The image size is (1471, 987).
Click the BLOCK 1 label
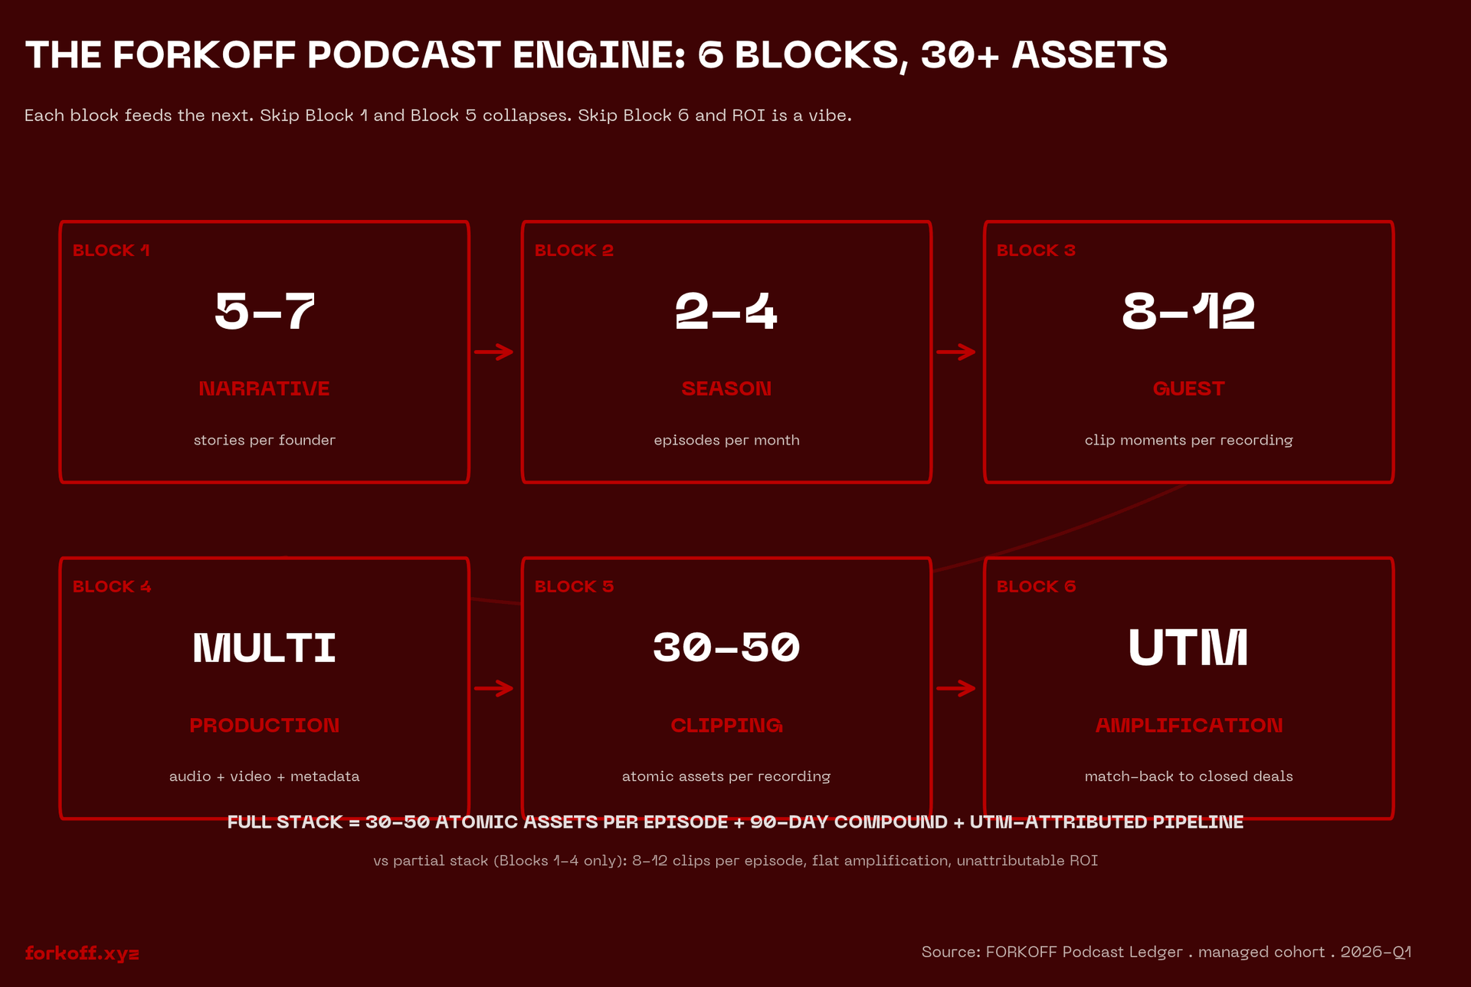click(111, 251)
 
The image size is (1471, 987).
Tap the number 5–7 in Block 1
click(264, 312)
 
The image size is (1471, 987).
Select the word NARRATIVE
click(264, 389)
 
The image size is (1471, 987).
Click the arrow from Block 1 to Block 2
click(494, 352)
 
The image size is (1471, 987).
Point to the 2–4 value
click(726, 312)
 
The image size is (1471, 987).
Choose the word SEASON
click(726, 389)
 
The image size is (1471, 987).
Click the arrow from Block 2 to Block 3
click(956, 352)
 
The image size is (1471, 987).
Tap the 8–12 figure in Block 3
click(1188, 312)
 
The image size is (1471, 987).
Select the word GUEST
click(1188, 389)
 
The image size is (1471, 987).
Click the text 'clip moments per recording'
click(1188, 441)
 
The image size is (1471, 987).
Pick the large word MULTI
click(264, 648)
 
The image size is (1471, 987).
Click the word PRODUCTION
click(264, 725)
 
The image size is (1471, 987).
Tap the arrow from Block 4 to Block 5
click(494, 688)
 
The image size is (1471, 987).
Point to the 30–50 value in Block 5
click(726, 648)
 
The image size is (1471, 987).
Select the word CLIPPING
click(726, 725)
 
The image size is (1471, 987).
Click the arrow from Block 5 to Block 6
click(956, 688)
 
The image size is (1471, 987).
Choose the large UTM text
click(1188, 648)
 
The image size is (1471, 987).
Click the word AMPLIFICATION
click(1188, 725)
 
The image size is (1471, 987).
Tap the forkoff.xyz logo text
click(82, 953)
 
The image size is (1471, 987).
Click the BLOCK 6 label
click(1036, 587)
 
